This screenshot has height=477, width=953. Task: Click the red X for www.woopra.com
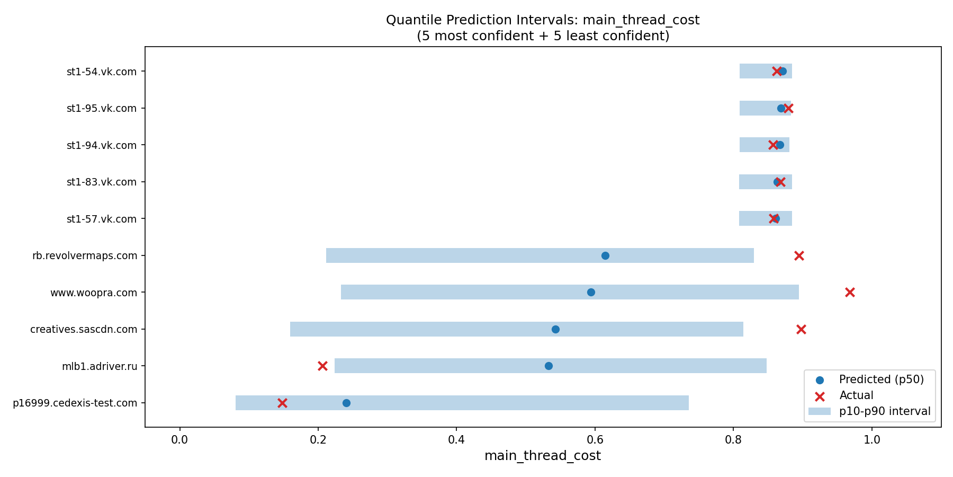[850, 292]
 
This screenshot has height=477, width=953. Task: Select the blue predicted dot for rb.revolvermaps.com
[605, 255]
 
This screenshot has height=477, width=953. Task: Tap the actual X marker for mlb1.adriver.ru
[322, 366]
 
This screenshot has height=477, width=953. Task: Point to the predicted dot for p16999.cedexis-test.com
[346, 403]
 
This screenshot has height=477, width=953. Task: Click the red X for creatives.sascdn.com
[801, 329]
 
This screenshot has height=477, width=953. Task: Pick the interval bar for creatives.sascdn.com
[516, 329]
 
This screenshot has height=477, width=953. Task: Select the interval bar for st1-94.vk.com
[764, 145]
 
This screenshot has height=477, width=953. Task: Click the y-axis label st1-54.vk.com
[102, 72]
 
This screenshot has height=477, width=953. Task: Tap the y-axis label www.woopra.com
[94, 293]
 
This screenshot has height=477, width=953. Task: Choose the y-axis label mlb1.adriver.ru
[100, 366]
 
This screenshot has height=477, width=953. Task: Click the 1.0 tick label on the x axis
[872, 439]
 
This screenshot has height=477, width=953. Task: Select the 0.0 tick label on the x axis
[179, 439]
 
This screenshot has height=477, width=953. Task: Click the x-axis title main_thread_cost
[543, 456]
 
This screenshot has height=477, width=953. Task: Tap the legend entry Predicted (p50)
[881, 379]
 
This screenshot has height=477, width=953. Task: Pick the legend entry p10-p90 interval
[884, 411]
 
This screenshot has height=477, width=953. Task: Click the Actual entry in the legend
[856, 395]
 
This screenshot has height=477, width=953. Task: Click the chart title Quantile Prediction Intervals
[543, 20]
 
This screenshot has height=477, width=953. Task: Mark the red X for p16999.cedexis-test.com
[282, 403]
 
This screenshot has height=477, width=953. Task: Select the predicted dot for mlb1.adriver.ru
[549, 366]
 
